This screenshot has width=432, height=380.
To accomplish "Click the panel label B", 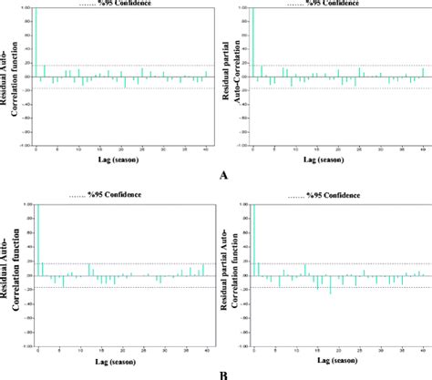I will (223, 374).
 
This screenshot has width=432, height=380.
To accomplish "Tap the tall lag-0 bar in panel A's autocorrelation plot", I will (36, 46).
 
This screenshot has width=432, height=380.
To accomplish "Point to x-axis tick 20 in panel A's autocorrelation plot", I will (122, 150).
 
